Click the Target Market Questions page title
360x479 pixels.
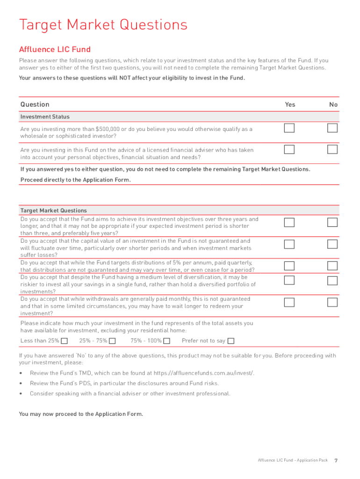pos(103,24)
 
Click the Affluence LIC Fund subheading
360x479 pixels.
pos(55,50)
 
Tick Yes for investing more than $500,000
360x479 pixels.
pos(290,128)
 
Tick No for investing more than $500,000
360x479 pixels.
pos(332,128)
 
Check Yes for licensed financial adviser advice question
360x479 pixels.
pos(290,150)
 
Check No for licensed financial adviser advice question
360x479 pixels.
pos(332,150)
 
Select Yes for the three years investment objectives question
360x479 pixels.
pos(290,223)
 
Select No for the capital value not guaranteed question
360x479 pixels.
pos(332,244)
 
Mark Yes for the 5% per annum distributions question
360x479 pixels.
pos(290,266)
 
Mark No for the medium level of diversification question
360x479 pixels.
pos(332,281)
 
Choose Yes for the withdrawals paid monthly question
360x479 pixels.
pos(290,302)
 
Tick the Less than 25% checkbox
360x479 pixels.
pos(65,341)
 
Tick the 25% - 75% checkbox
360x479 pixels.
pos(112,341)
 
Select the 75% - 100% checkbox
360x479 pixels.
pos(167,341)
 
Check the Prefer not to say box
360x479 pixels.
pos(231,341)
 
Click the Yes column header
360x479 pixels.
pos(290,104)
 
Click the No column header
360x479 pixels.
pos(333,104)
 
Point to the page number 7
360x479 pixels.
pos(336,460)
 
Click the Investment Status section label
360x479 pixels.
pos(45,117)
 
